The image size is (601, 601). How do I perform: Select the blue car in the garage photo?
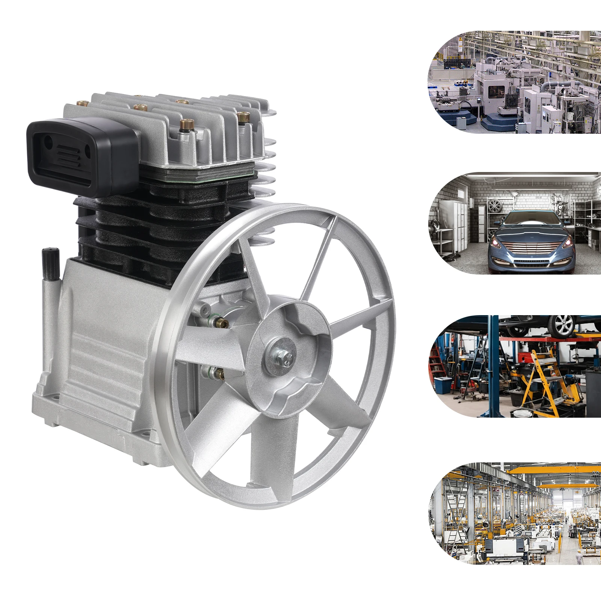pos(531,240)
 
